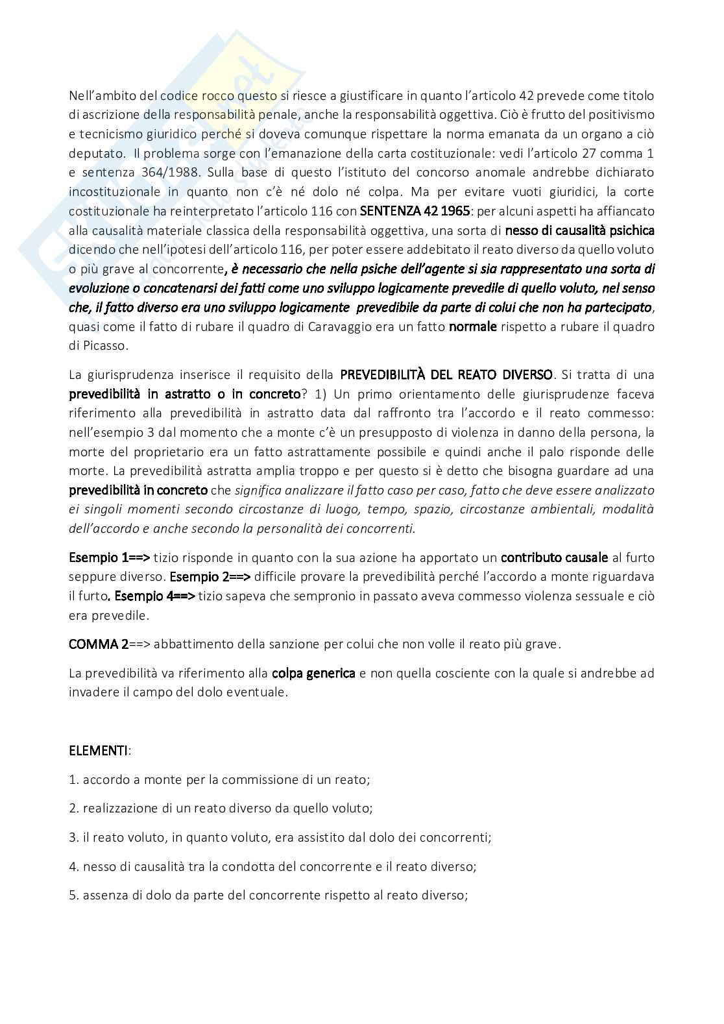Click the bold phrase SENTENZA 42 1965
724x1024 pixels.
pos(415,211)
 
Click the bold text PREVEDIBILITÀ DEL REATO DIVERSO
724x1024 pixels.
pos(447,374)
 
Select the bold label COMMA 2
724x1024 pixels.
pos(99,644)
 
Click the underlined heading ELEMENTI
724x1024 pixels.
pos(99,751)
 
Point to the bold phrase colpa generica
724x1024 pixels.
pos(313,673)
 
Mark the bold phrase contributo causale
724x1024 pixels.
pos(555,557)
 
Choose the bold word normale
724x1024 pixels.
pos(473,326)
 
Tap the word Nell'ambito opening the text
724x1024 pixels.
pos(98,95)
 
